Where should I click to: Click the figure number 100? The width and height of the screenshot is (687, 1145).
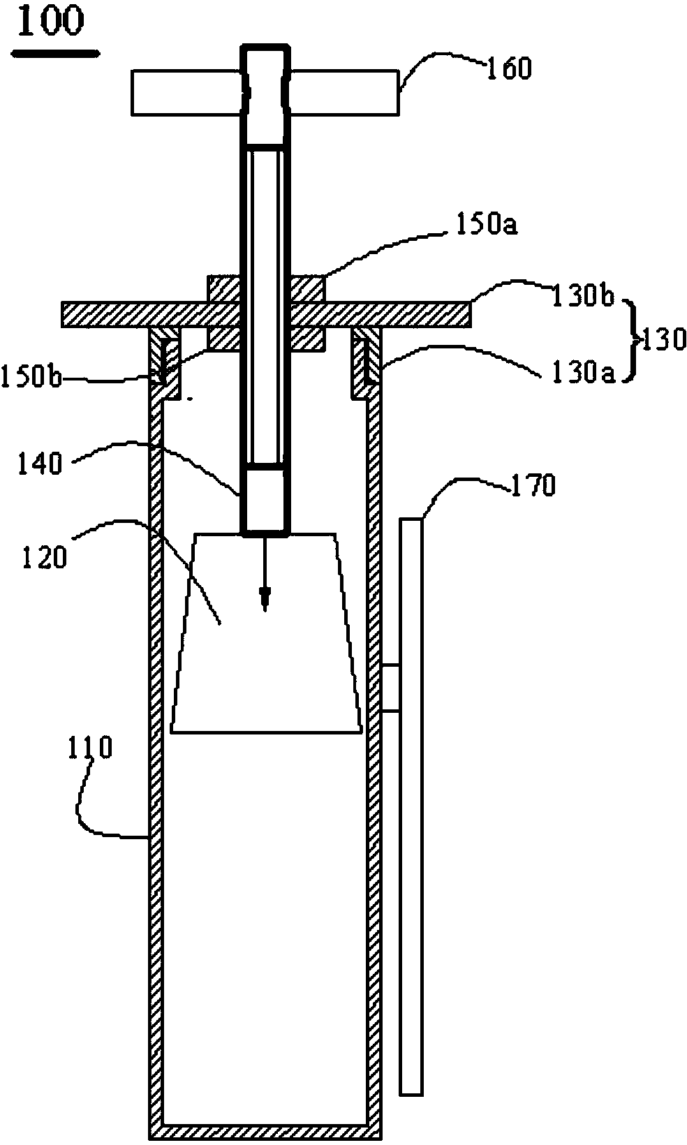[50, 21]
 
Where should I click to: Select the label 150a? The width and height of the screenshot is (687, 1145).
[486, 224]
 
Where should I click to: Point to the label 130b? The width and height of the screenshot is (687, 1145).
[583, 296]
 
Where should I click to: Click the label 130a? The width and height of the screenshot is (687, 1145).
[583, 374]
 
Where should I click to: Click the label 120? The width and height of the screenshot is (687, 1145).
[45, 556]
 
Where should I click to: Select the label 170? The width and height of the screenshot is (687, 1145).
[533, 485]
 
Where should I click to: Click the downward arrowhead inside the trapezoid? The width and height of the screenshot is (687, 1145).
[265, 598]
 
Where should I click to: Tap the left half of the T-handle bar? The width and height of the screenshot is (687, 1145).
[186, 93]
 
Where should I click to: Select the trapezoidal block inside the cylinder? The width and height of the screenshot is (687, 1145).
[266, 633]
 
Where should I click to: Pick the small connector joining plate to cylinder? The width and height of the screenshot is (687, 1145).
[391, 688]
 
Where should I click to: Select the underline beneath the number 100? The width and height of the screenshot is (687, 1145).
[55, 52]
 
